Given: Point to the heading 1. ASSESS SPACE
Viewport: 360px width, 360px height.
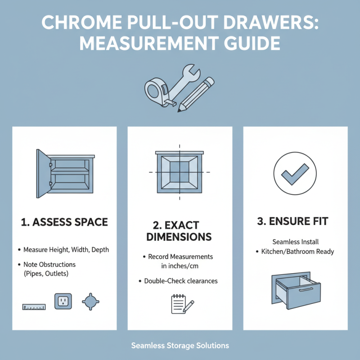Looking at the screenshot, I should (x=64, y=221).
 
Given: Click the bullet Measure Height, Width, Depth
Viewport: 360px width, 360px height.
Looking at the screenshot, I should (x=66, y=250).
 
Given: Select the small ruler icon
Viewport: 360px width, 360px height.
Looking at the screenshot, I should (x=34, y=307).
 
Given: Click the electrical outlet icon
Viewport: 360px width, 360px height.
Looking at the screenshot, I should (x=63, y=301).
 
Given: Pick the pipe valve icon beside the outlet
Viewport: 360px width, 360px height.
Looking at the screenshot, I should (x=90, y=301).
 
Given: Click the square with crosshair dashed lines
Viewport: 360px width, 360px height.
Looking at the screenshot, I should (x=180, y=172).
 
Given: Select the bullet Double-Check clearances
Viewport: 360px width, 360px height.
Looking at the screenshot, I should (x=180, y=281).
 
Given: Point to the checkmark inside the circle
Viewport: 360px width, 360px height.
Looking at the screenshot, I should (x=295, y=173).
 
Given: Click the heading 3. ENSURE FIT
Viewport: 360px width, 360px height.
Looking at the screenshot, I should (x=295, y=221).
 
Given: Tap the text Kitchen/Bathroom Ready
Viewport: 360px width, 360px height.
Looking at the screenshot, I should (x=297, y=251).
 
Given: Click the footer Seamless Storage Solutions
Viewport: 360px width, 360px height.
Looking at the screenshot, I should (x=180, y=346).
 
